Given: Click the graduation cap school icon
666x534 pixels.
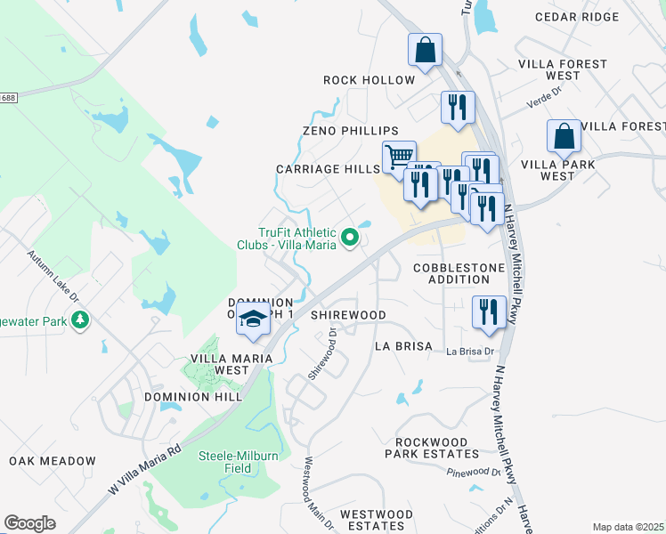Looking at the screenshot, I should pos(253,320).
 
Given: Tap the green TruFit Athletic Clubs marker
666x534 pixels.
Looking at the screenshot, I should pos(350,238).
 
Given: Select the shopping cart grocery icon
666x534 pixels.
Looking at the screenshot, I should pos(399,157).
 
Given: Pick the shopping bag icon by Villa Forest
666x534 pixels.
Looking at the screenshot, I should pos(564,136).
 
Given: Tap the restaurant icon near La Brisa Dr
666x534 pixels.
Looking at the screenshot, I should pos(489,311).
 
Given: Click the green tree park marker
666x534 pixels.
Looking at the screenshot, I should pos(80,319).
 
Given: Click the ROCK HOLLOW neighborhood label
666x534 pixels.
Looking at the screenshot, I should pos(369,80).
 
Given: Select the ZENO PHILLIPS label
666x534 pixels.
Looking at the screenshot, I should pos(350,131).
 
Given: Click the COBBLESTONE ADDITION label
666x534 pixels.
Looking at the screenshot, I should pos(459,273).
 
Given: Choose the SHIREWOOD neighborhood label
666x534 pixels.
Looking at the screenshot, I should pos(347,315).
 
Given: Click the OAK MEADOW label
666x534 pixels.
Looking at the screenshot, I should pos(53,461).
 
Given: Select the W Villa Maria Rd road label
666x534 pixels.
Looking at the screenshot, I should pos(145,465).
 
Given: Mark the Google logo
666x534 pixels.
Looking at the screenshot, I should pos(29,523).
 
